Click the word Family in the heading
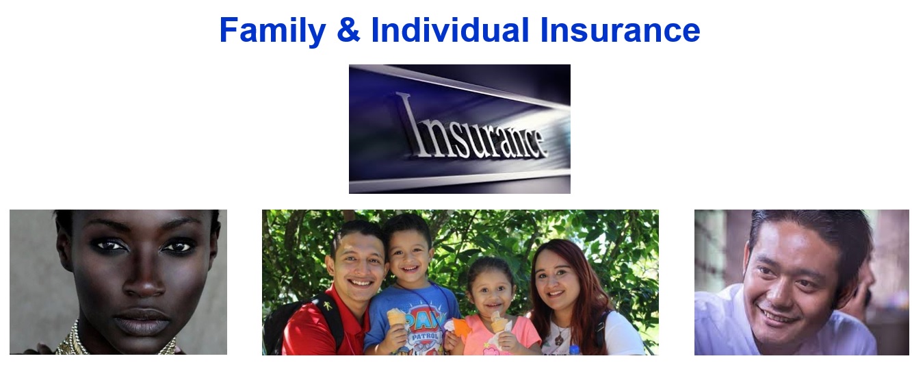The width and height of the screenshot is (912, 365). point(272,31)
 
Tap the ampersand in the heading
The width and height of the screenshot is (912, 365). point(348,29)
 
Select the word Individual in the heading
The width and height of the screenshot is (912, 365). point(450,29)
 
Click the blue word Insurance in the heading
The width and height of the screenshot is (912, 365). point(620,29)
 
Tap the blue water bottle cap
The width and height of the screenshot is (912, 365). point(574,349)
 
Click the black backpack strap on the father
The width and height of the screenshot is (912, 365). point(330,322)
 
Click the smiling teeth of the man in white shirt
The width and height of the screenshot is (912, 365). point(777,316)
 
